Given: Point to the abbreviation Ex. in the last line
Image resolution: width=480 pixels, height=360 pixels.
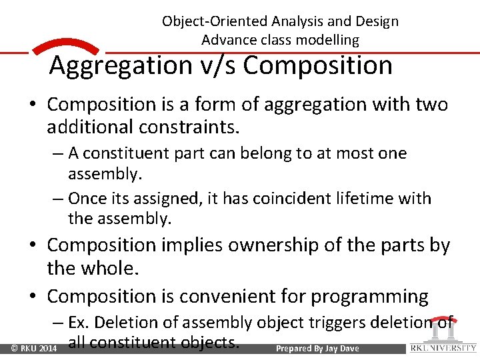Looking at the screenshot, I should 79,323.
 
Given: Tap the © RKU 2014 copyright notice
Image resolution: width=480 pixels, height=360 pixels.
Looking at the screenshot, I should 33,349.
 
